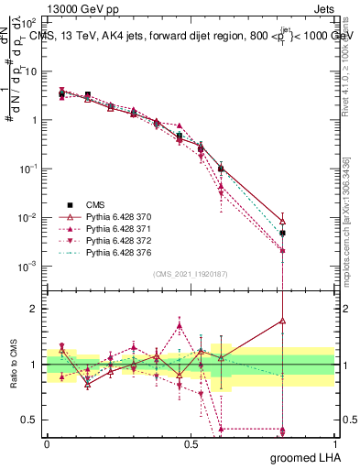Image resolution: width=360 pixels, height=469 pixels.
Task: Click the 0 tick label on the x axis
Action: [x=47, y=444]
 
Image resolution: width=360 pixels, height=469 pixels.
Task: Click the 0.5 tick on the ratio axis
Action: [x=30, y=420]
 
